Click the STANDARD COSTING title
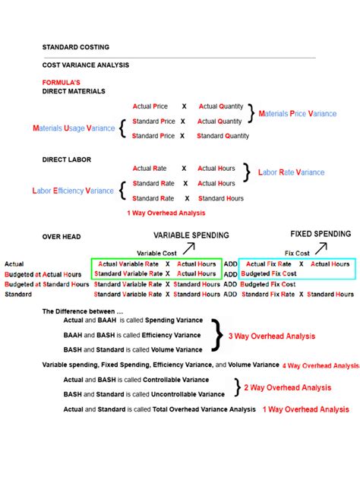point(75,46)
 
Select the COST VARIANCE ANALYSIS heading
point(85,65)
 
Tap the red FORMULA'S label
point(61,82)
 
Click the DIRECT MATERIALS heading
point(73,90)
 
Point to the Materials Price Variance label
point(298,113)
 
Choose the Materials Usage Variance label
point(74,128)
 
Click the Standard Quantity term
point(223,136)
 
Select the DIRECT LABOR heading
point(66,159)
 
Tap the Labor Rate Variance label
point(291,172)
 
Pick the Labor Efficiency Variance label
point(73,191)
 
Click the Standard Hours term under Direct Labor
point(220,198)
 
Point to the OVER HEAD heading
point(61,237)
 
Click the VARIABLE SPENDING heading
point(191,235)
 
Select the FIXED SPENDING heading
point(321,234)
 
